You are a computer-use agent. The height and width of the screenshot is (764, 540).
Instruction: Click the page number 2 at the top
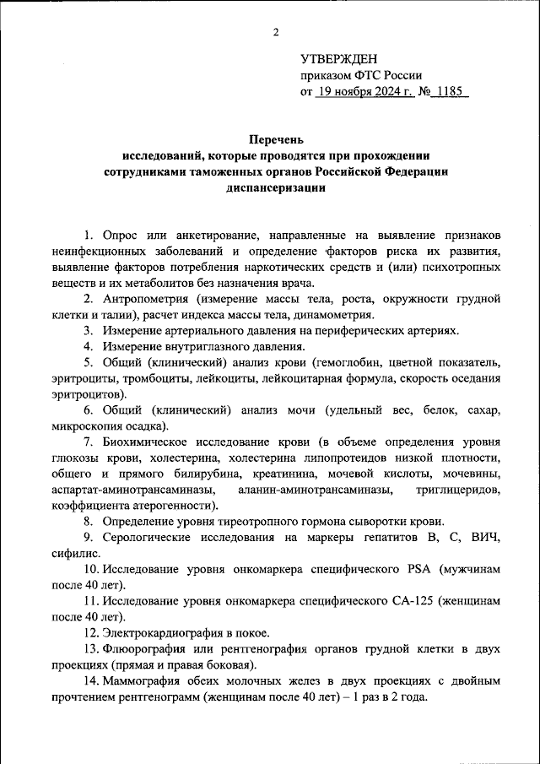click(x=276, y=33)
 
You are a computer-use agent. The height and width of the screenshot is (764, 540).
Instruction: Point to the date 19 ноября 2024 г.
click(x=364, y=90)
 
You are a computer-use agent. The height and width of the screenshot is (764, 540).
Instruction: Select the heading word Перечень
click(x=275, y=139)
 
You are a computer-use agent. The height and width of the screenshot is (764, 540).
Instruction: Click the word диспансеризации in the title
click(x=275, y=188)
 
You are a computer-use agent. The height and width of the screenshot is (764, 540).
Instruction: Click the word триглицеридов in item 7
click(x=458, y=490)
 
